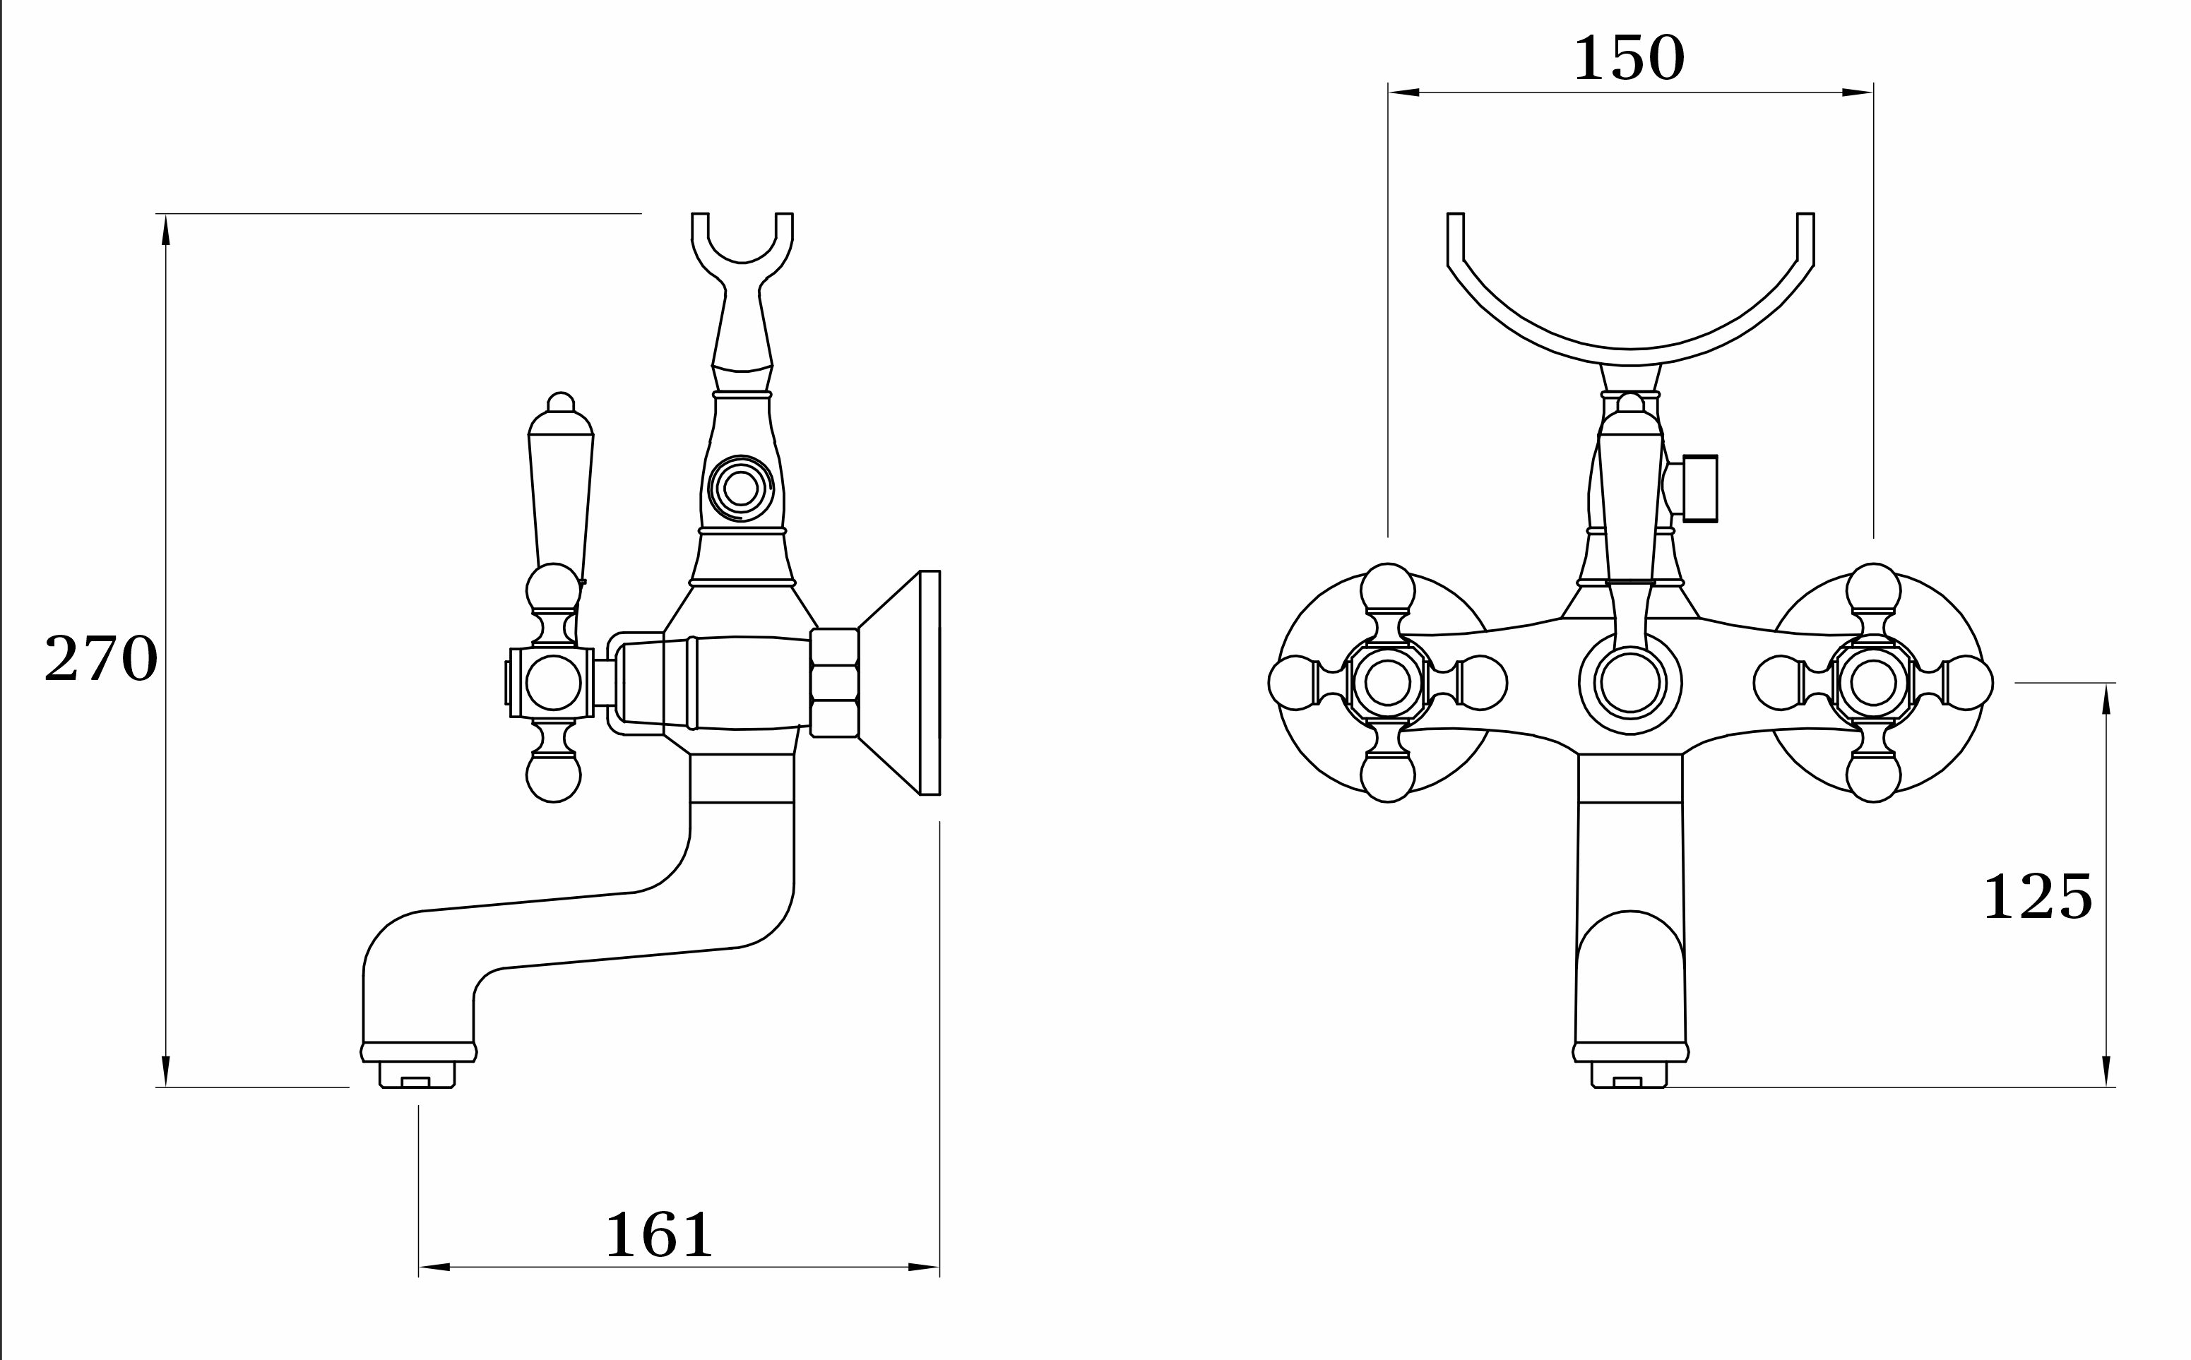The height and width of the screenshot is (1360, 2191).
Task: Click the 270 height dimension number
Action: point(101,657)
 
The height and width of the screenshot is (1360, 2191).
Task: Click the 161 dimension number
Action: point(659,1234)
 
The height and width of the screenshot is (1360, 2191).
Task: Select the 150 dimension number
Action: point(1629,58)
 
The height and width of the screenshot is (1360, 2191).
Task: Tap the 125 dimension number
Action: point(2038,896)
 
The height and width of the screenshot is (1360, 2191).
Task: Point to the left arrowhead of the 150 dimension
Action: point(1403,92)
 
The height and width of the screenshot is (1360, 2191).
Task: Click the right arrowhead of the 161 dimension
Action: point(924,1267)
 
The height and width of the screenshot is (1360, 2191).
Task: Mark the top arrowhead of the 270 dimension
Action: point(165,230)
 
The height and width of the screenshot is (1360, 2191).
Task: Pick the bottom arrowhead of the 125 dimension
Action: point(2106,1071)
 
